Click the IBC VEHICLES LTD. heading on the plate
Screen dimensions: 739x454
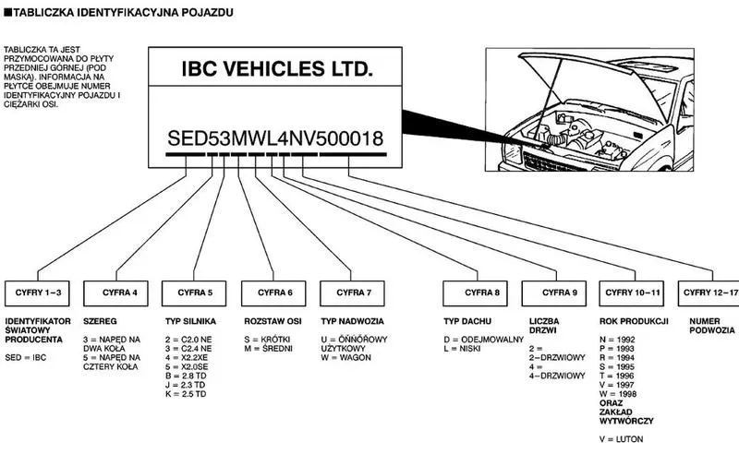(277, 69)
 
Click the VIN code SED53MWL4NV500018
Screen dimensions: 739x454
(275, 138)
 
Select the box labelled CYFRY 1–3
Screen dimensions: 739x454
(37, 293)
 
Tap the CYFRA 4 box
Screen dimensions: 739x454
(116, 293)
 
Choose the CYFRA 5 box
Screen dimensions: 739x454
(194, 293)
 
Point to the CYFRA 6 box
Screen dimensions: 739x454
(273, 293)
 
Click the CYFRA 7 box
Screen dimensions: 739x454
(352, 293)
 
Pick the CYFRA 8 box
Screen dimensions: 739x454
(475, 293)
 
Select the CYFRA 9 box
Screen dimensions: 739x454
(553, 293)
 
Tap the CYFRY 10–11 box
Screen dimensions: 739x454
(632, 293)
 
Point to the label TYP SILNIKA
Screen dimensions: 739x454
(190, 321)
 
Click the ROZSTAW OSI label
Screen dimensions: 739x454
(273, 321)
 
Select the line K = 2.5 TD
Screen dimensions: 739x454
(186, 394)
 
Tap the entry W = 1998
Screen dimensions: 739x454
(618, 394)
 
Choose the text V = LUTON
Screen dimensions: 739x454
(621, 439)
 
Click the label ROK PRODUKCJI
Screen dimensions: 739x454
(634, 321)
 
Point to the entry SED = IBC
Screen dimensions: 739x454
(26, 358)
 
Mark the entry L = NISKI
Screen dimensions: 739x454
(462, 349)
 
